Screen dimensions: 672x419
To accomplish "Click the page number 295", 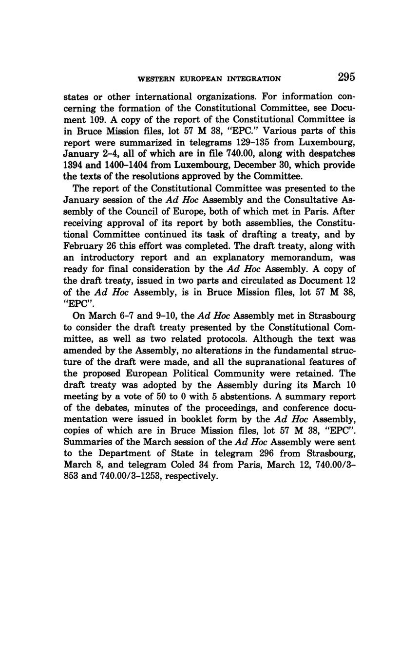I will click(345, 77).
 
